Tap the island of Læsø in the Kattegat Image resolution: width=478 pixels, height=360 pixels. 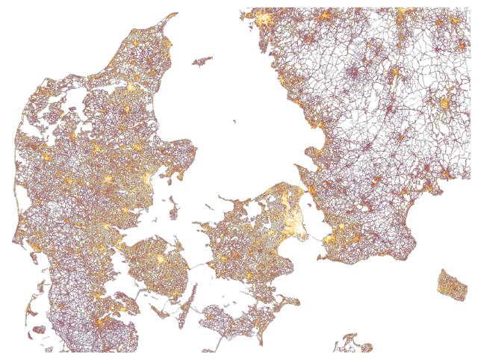tap(202, 60)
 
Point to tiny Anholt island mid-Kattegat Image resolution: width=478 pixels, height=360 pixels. tap(235, 122)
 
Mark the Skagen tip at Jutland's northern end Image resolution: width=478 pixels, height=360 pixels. tap(174, 14)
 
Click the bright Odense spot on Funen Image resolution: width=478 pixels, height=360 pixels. tap(159, 258)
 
